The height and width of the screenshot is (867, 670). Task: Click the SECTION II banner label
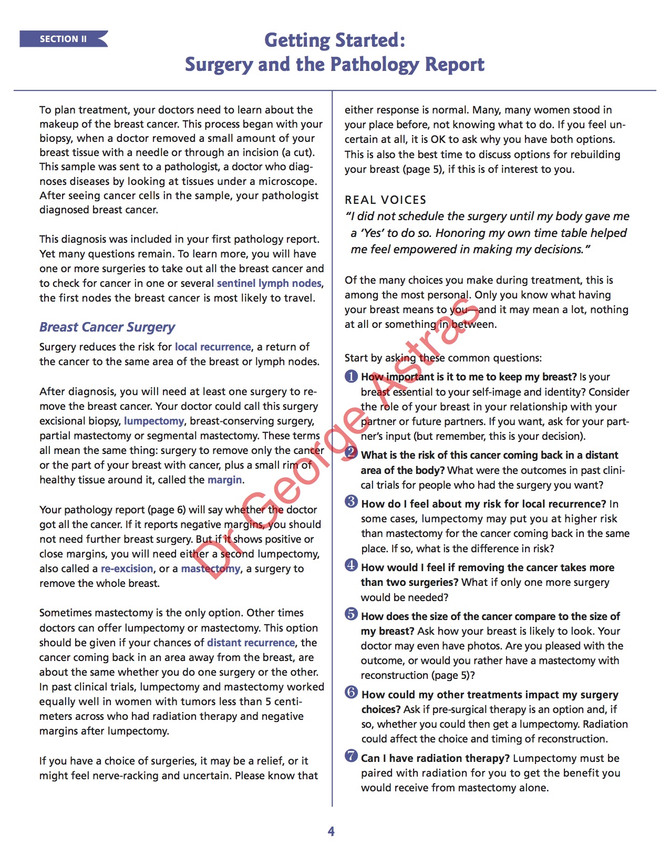click(x=63, y=39)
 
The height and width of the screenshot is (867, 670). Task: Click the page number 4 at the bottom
click(x=331, y=831)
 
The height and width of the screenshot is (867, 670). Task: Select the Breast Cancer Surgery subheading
click(x=107, y=327)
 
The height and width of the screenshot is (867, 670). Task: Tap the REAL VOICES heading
click(x=385, y=200)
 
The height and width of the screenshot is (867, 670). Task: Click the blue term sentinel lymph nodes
click(x=269, y=283)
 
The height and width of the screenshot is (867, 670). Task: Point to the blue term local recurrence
click(x=213, y=347)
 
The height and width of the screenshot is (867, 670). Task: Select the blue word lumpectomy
click(x=154, y=421)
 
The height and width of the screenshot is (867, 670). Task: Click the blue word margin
click(x=225, y=480)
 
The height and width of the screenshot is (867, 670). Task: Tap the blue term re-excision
click(x=127, y=569)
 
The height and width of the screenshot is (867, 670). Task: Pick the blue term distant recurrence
click(x=251, y=643)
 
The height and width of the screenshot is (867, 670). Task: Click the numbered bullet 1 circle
click(x=351, y=376)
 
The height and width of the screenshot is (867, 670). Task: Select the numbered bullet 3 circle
click(x=351, y=501)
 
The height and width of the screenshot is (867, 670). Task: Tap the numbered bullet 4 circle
click(x=351, y=565)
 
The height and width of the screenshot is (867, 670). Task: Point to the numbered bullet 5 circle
click(x=351, y=614)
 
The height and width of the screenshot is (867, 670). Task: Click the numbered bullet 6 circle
click(x=351, y=692)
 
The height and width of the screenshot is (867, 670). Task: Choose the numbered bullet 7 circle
click(x=351, y=756)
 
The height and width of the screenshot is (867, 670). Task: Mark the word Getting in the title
click(x=297, y=40)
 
